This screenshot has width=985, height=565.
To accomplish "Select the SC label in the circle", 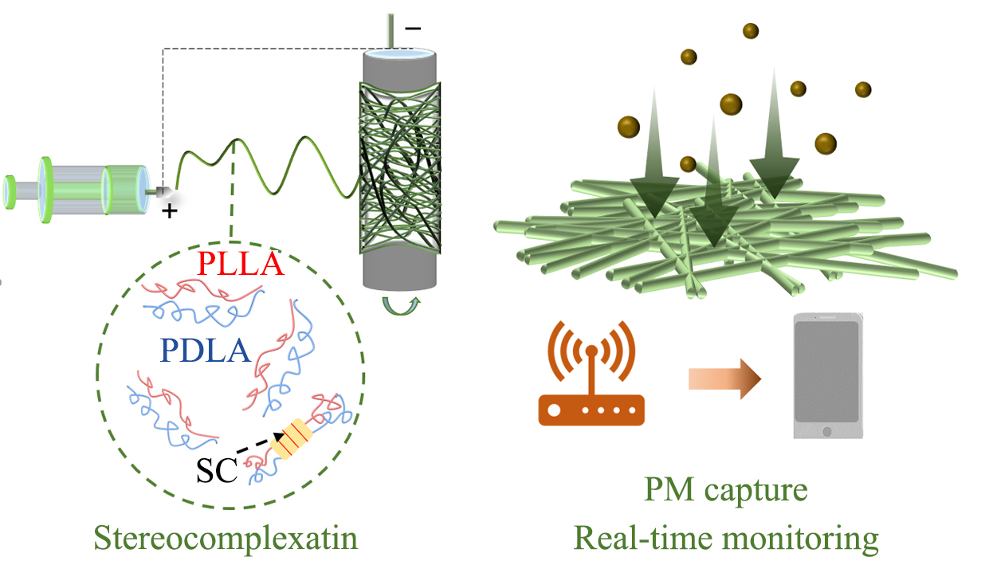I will tap(217, 472).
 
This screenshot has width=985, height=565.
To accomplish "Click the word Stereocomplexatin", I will tap(226, 539).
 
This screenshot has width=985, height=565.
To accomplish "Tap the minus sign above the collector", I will tap(413, 28).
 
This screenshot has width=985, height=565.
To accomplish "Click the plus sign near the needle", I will tap(169, 211).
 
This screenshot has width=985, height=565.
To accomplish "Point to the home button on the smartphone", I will tap(826, 431).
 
